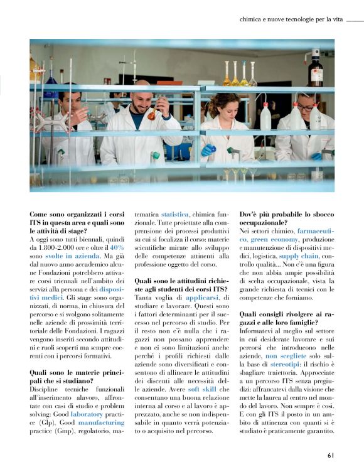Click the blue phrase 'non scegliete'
[267, 355]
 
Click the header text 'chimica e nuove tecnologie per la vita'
[291, 19]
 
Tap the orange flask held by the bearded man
[151, 114]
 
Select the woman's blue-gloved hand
[208, 150]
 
